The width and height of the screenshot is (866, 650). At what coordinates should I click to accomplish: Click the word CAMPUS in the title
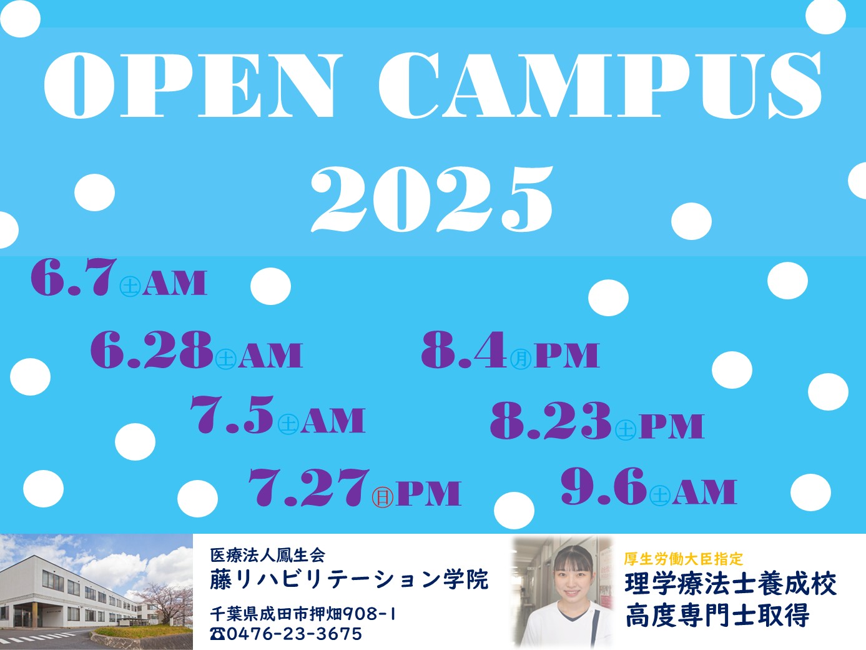pos(600,85)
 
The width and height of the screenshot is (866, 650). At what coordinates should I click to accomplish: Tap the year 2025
pos(432,199)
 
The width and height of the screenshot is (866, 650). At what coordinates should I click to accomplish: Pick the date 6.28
pos(152,349)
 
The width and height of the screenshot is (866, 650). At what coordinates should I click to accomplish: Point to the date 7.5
pos(232,414)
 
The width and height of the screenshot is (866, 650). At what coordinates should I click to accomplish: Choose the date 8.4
pos(464,349)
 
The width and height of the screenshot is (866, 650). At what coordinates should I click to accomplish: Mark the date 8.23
pos(551,420)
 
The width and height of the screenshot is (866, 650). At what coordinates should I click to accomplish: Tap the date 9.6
pos(604,486)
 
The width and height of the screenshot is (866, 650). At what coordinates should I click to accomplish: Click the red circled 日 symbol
pos(383,497)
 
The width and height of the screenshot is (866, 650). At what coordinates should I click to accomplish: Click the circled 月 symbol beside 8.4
pos(521,359)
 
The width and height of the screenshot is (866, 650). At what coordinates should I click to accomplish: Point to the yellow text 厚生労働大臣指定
pos(683,559)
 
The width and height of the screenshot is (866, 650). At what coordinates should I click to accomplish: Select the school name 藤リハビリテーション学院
pos(349,580)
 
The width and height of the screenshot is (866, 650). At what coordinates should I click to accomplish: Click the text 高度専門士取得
pos(717,615)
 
